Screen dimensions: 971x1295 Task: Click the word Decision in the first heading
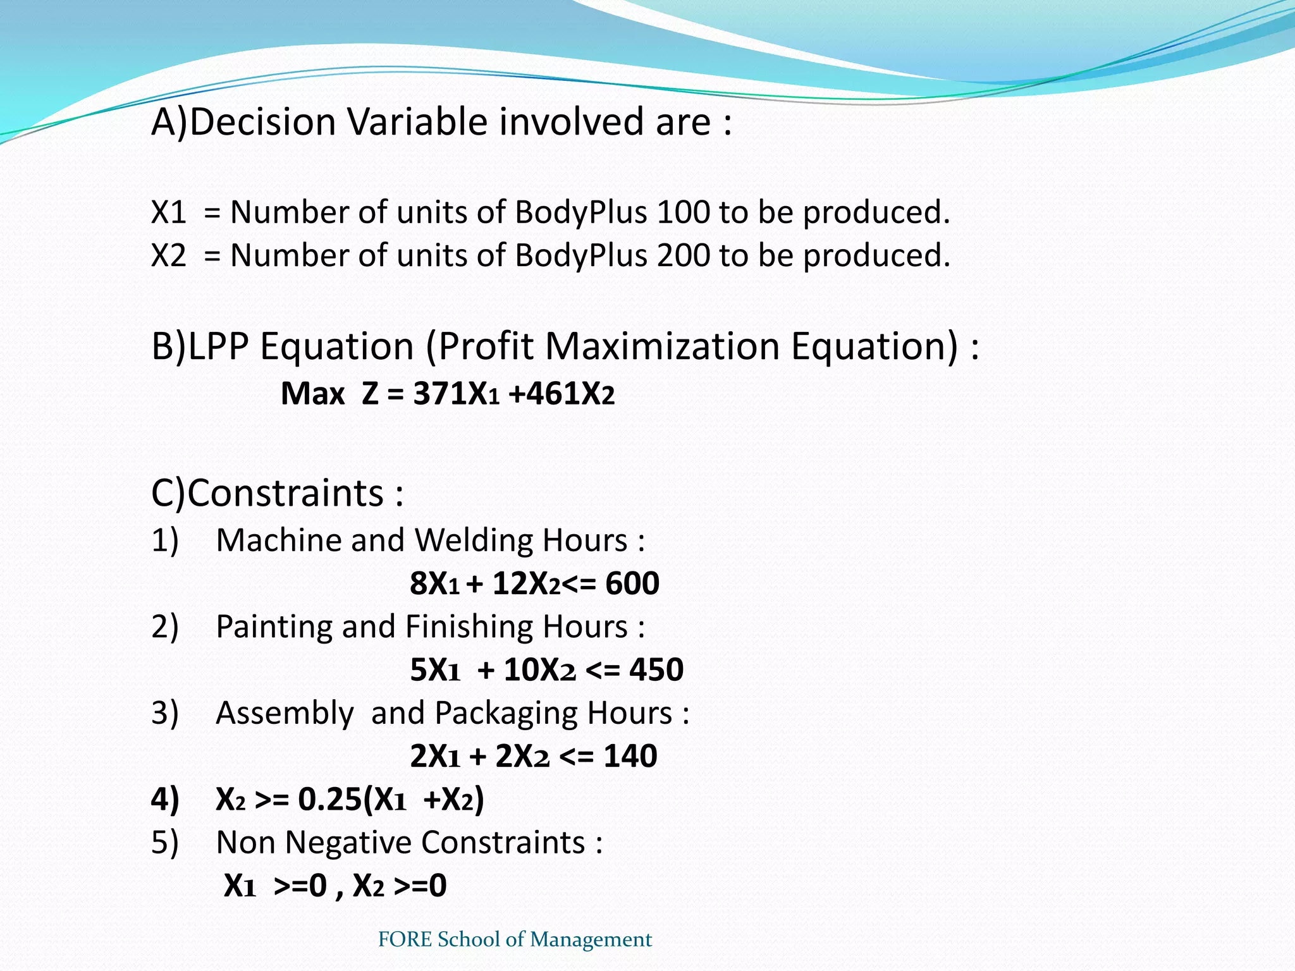[x=262, y=121]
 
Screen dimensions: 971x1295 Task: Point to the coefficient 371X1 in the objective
[x=456, y=394]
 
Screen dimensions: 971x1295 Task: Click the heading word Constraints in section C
[x=286, y=493]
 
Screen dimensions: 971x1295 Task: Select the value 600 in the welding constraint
[x=632, y=583]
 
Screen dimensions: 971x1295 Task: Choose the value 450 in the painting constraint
[x=656, y=669]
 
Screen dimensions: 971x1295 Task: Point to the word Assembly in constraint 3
[x=285, y=713]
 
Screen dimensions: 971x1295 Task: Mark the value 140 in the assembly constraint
[x=630, y=756]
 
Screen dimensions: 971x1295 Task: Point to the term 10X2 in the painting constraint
[x=539, y=669]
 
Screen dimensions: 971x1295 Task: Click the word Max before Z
[x=312, y=394]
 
